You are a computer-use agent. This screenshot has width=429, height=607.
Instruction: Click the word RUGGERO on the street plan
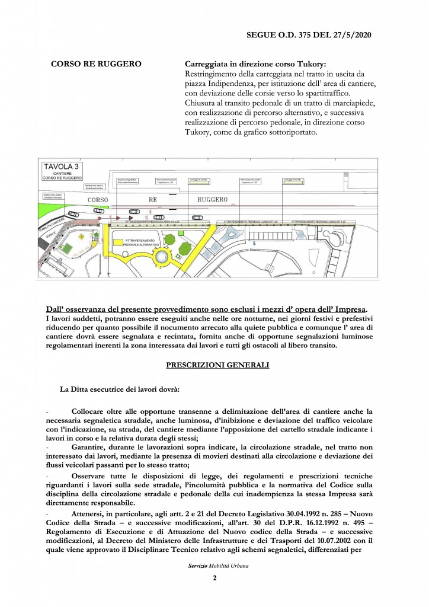(x=212, y=200)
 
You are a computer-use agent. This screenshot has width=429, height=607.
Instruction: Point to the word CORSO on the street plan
(x=97, y=200)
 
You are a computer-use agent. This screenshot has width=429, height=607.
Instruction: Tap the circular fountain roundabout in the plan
(x=160, y=257)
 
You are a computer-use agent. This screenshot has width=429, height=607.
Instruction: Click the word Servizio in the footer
(x=197, y=567)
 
